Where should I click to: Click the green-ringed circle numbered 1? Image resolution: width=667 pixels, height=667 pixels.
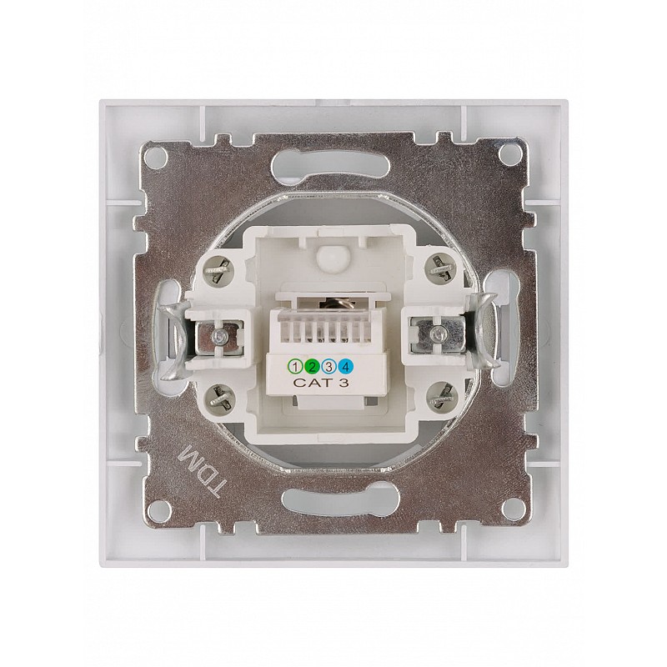294,366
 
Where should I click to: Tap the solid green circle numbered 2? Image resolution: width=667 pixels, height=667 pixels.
312,366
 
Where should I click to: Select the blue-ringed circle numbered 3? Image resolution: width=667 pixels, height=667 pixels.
329,366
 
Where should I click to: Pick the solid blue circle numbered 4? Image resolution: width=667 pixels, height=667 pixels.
347,366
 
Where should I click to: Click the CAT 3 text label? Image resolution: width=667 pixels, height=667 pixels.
321,383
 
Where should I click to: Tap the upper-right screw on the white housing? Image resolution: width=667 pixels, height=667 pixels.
441,268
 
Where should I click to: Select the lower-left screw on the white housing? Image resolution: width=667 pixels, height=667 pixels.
218,399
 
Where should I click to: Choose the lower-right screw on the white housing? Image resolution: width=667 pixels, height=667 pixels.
442,399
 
